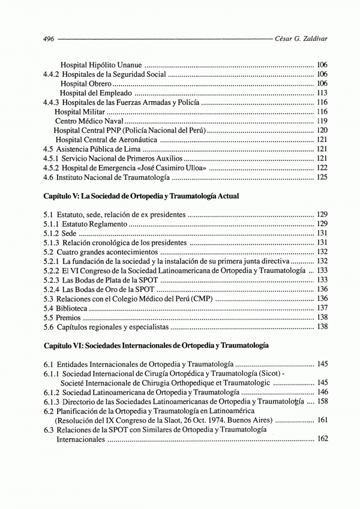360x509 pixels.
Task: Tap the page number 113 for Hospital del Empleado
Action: (x=322, y=94)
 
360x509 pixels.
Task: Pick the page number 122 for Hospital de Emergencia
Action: (x=322, y=168)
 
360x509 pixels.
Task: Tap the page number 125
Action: (x=322, y=177)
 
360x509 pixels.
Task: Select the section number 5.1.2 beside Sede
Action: (x=53, y=233)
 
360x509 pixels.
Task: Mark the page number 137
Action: (x=322, y=308)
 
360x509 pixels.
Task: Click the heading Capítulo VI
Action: (x=155, y=346)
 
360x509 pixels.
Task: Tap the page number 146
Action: (x=322, y=392)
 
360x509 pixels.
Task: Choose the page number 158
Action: (x=322, y=401)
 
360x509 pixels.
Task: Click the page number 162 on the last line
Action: (x=322, y=439)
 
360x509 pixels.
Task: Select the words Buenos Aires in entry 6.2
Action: (x=251, y=420)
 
